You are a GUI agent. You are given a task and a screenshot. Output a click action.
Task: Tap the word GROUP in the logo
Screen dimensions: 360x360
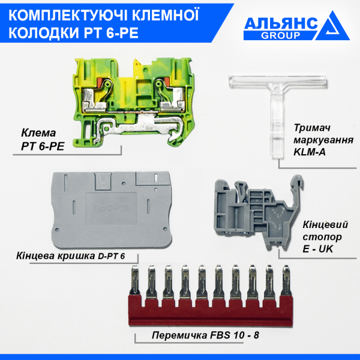[281, 35]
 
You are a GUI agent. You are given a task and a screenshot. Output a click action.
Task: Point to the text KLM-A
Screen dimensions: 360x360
[311, 152]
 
